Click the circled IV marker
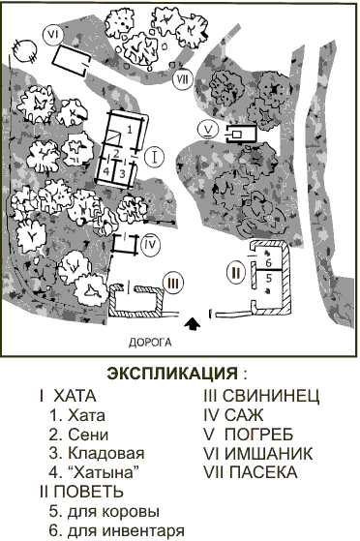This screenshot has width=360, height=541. pyautogui.click(x=149, y=246)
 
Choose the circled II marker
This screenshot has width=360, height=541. pyautogui.click(x=235, y=272)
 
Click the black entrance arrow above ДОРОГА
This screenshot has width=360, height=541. pyautogui.click(x=194, y=324)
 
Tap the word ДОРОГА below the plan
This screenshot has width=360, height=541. pyautogui.click(x=150, y=342)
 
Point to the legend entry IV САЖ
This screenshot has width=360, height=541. pyautogui.click(x=243, y=415)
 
